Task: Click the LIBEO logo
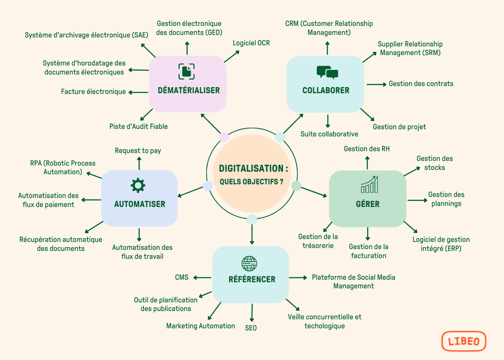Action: (x=464, y=341)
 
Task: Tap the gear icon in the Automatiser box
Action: (x=138, y=186)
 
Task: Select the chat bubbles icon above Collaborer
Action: (x=327, y=72)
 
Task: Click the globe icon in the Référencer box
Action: (x=249, y=263)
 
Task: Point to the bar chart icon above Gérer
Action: (x=369, y=185)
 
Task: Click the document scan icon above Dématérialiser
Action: (x=186, y=71)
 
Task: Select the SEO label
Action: (x=251, y=328)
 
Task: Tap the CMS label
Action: (x=182, y=277)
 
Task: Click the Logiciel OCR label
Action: (x=251, y=43)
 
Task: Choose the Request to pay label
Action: (x=138, y=151)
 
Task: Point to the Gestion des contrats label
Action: (x=421, y=84)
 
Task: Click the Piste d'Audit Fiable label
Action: (x=138, y=127)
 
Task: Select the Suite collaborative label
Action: (x=329, y=134)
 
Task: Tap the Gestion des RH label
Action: (x=366, y=149)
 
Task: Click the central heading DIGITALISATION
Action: (x=253, y=169)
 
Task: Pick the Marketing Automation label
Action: (x=201, y=326)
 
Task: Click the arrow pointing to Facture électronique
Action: (x=139, y=92)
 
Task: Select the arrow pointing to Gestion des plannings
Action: (x=417, y=200)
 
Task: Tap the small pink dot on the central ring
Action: (x=224, y=137)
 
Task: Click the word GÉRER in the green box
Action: (x=367, y=204)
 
